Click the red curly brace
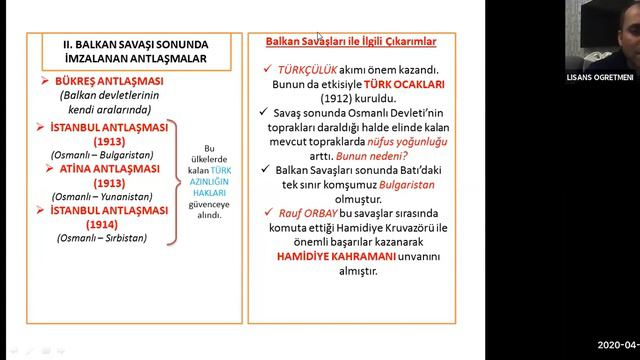(x=174, y=182)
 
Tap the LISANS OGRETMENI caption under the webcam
(x=601, y=76)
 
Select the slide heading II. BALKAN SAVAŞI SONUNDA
(x=137, y=44)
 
